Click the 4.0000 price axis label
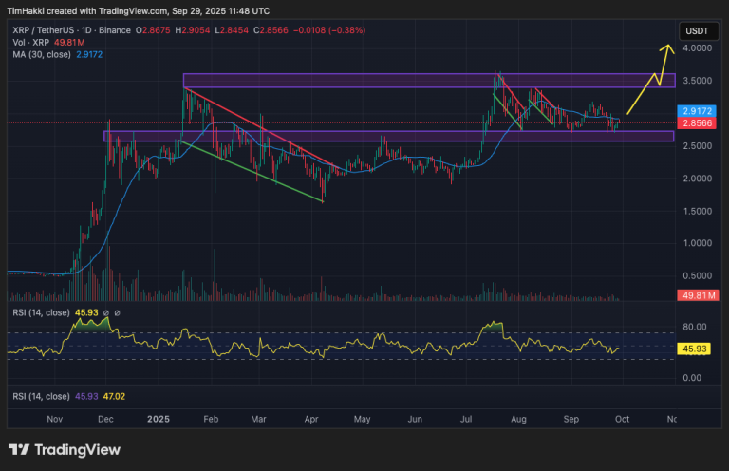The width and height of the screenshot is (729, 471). [x=699, y=47]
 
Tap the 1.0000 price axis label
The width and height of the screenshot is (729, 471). [x=699, y=243]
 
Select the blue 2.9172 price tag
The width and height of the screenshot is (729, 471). [x=699, y=111]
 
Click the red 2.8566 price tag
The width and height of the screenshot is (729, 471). [x=699, y=123]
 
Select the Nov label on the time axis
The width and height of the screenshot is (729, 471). [x=54, y=418]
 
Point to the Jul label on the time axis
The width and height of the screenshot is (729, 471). [x=467, y=418]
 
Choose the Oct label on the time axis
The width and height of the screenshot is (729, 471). [x=621, y=418]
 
